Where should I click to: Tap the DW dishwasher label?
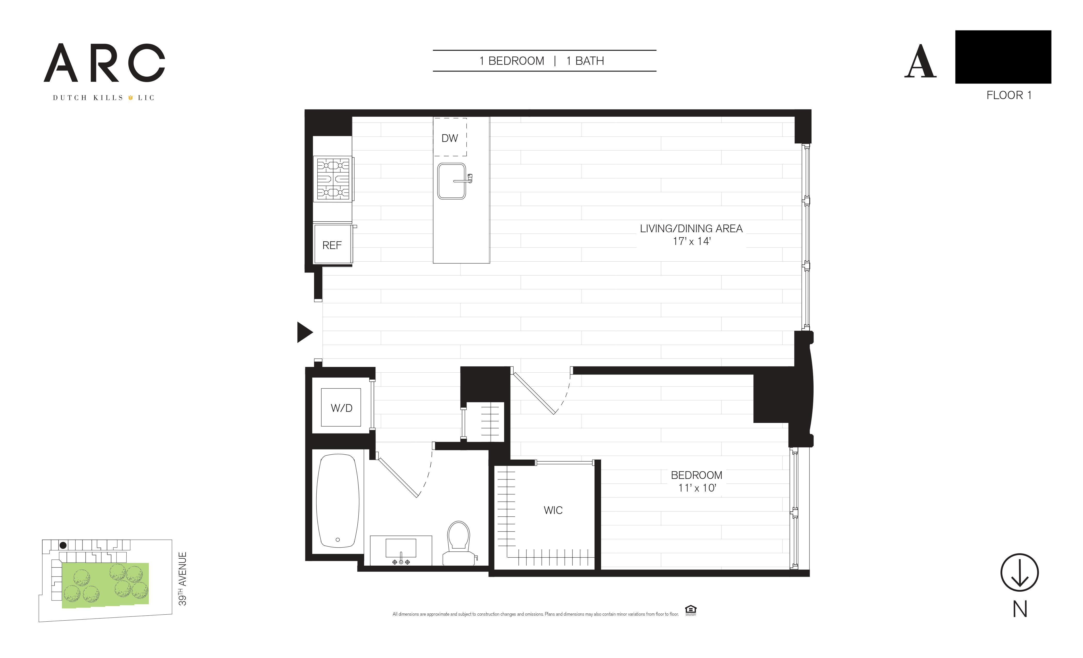tap(450, 138)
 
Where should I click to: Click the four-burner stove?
tap(334, 179)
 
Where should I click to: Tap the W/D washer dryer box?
tap(341, 407)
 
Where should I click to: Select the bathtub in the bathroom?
tap(338, 501)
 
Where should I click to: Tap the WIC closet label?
tap(553, 510)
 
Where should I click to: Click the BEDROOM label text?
tap(697, 475)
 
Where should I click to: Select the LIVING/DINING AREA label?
tap(691, 228)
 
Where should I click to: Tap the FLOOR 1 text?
tap(1009, 95)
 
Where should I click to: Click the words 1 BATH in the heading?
tap(585, 61)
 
